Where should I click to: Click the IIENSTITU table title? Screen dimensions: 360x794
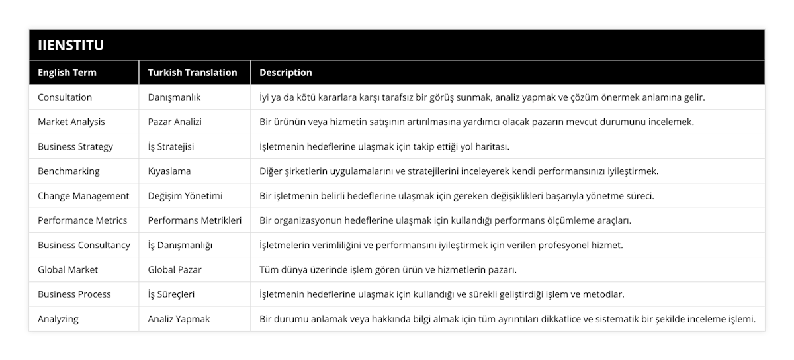pyautogui.click(x=71, y=45)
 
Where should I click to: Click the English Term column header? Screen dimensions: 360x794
pyautogui.click(x=67, y=73)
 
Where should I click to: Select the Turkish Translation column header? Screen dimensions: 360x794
pyautogui.click(x=193, y=73)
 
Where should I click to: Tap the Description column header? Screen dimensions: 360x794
pyautogui.click(x=286, y=73)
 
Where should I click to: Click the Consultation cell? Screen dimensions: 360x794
pyautogui.click(x=65, y=97)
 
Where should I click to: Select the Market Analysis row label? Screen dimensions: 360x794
pyautogui.click(x=71, y=122)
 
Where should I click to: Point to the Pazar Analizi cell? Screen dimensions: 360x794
pyautogui.click(x=175, y=122)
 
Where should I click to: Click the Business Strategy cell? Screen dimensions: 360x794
pyautogui.click(x=75, y=146)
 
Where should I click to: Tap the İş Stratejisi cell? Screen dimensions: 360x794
pyautogui.click(x=173, y=146)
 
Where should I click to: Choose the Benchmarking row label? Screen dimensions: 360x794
pyautogui.click(x=69, y=171)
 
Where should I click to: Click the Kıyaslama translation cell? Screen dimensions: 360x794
pyautogui.click(x=169, y=171)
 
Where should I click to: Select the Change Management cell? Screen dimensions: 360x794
pyautogui.click(x=83, y=196)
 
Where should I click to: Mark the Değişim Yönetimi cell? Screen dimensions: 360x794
pyautogui.click(x=185, y=196)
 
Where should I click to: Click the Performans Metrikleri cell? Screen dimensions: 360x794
pyautogui.click(x=195, y=220)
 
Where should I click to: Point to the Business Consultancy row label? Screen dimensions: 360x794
pyautogui.click(x=84, y=245)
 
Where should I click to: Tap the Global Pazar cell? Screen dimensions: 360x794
pyautogui.click(x=175, y=269)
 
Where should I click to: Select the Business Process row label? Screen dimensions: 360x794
pyautogui.click(x=74, y=294)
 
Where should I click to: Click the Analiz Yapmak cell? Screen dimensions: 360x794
pyautogui.click(x=179, y=318)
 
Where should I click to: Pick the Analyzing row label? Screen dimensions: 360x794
pyautogui.click(x=58, y=318)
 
